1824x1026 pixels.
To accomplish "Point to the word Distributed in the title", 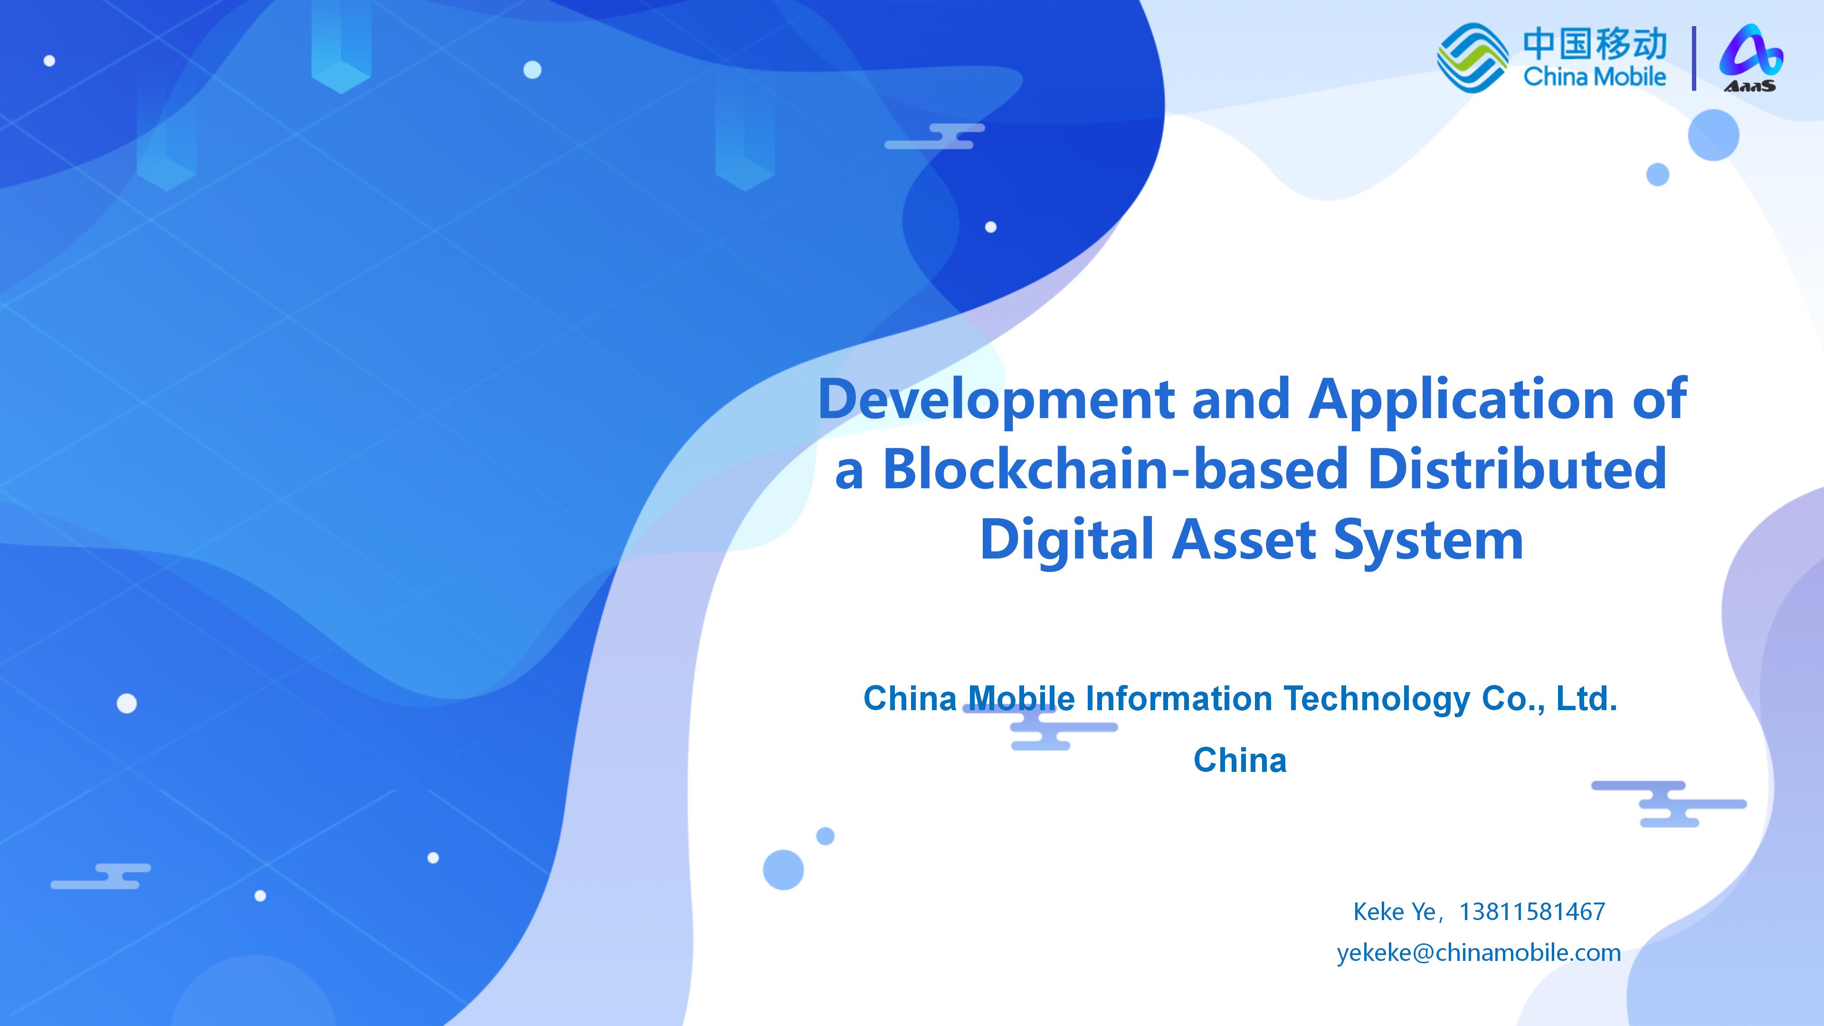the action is click(1517, 469).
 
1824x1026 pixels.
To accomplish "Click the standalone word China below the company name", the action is click(1240, 760).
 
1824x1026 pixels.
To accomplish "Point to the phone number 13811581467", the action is click(1532, 912).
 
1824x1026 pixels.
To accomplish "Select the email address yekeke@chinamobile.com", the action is click(1479, 953).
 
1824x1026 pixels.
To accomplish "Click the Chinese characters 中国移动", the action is click(1595, 44).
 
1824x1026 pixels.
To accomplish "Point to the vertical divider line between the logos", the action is click(1694, 58).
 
